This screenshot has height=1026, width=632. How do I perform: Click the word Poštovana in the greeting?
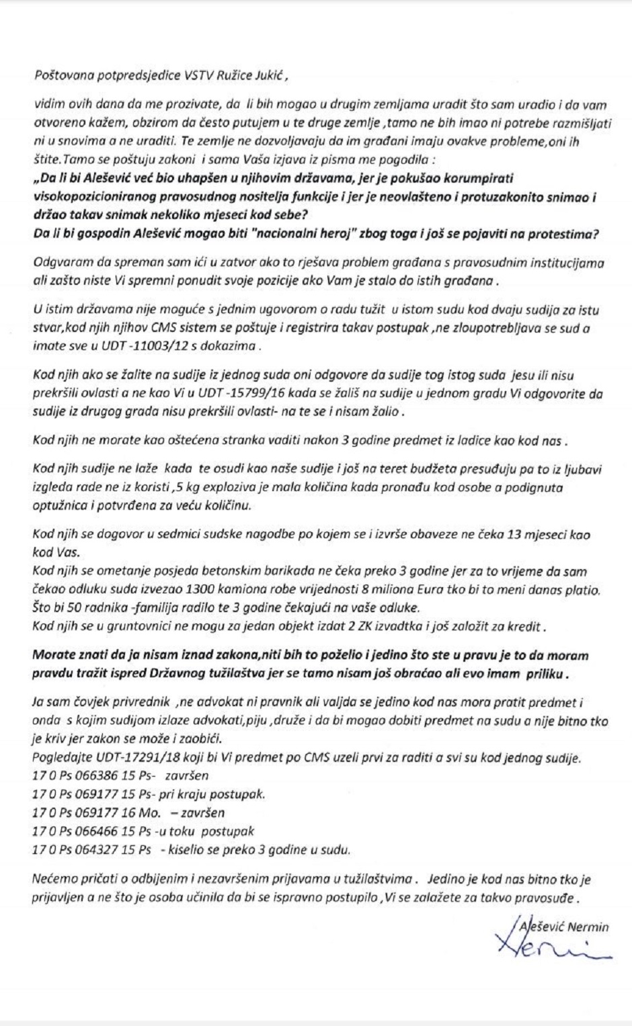point(60,75)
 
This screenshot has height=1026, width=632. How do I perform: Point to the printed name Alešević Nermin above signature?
point(565,927)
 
